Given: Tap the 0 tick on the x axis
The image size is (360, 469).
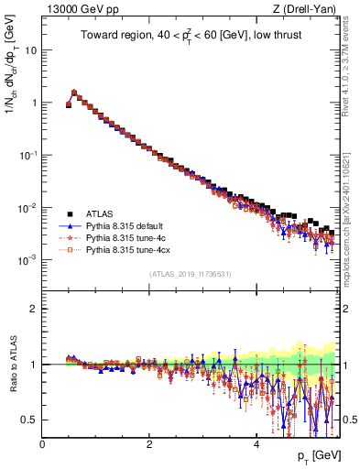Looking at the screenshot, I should [x=42, y=443].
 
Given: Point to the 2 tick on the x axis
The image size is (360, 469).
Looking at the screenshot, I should [x=148, y=443].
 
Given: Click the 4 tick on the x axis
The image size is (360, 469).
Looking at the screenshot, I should [x=256, y=443].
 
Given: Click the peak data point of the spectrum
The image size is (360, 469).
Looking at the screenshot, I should [x=74, y=92].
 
